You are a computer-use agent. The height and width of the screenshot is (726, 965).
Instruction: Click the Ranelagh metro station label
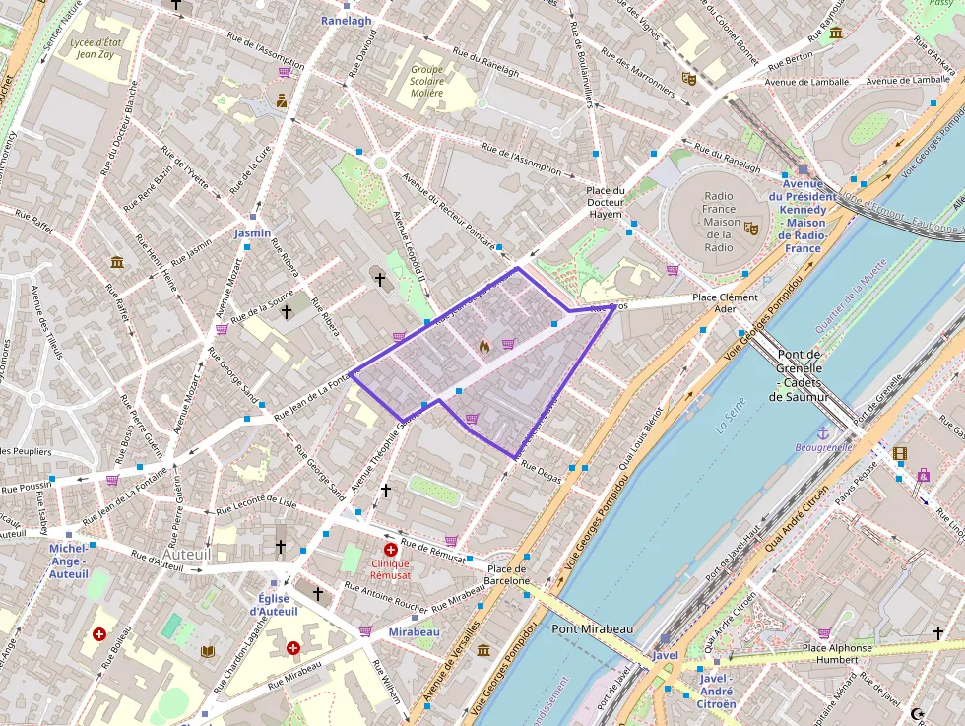tap(347, 20)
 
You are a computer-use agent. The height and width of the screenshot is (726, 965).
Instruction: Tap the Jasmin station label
tap(252, 233)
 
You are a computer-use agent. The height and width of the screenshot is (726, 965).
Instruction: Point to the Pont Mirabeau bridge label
tap(592, 628)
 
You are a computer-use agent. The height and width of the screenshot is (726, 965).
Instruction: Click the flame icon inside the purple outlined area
tap(483, 346)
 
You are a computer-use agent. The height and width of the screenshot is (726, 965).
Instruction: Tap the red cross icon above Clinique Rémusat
tap(391, 550)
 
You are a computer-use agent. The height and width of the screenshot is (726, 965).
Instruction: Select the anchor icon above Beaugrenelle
tap(823, 432)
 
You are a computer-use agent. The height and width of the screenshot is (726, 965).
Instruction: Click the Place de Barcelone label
tap(507, 574)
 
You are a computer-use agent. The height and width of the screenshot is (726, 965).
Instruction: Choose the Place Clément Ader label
tap(726, 302)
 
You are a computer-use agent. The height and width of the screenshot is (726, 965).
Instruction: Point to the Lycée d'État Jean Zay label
tap(96, 48)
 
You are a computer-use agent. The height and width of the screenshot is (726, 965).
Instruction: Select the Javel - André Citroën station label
tap(717, 691)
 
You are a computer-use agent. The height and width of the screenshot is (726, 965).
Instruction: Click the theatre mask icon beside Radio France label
tap(751, 228)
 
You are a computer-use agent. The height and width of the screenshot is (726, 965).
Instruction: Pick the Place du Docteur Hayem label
tap(606, 202)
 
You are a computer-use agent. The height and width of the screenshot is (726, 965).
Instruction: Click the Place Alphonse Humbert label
tap(836, 654)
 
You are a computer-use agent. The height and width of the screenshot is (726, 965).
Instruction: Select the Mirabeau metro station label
tap(414, 630)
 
